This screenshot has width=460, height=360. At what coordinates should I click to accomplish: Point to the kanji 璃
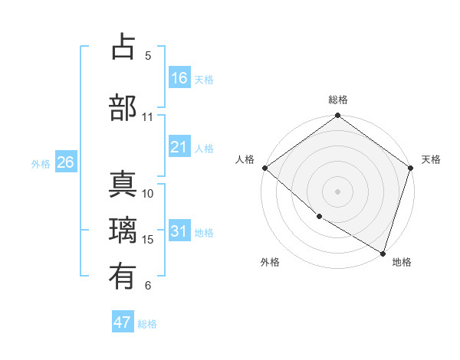123,229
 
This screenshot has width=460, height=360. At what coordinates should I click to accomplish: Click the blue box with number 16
179,78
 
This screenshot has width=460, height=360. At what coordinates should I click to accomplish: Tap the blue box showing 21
179,147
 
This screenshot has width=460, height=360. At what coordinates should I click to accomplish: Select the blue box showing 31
179,231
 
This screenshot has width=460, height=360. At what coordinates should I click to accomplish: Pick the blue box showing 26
65,162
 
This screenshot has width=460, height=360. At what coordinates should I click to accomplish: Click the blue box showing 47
123,322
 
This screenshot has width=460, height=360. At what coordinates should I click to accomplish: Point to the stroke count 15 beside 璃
148,240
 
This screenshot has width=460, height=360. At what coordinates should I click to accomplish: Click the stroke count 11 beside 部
148,117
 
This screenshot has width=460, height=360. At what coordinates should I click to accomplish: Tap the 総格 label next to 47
147,324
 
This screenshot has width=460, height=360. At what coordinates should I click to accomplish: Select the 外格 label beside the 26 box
41,163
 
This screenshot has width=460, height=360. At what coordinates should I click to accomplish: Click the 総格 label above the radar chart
338,100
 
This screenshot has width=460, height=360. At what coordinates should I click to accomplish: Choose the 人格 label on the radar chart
245,159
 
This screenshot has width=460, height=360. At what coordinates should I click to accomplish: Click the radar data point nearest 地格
383,253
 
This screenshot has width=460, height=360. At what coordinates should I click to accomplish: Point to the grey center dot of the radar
338,191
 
